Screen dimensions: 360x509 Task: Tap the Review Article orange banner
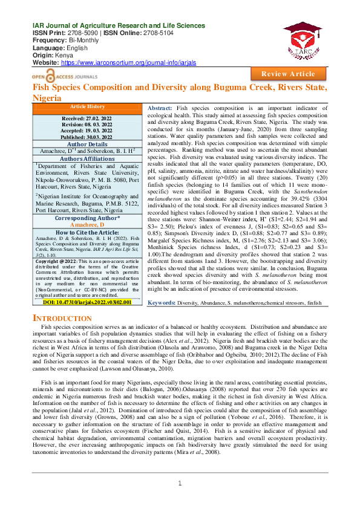point(288,74)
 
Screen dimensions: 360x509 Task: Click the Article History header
point(87,106)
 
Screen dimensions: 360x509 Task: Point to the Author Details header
point(87,144)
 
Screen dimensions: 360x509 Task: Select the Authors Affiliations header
point(87,158)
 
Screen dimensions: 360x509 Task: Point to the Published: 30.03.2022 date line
point(87,137)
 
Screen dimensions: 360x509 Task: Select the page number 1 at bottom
point(180,483)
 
